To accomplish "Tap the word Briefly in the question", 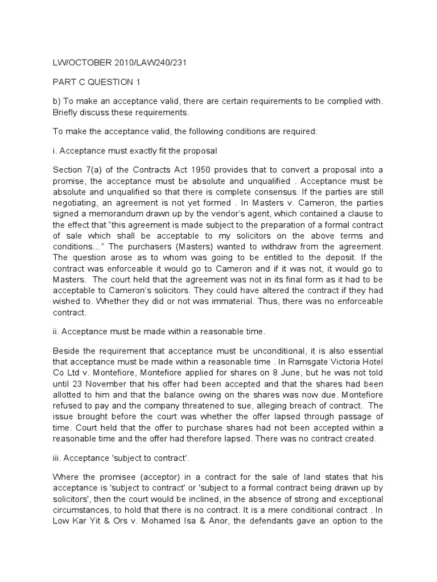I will pos(68,112).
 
